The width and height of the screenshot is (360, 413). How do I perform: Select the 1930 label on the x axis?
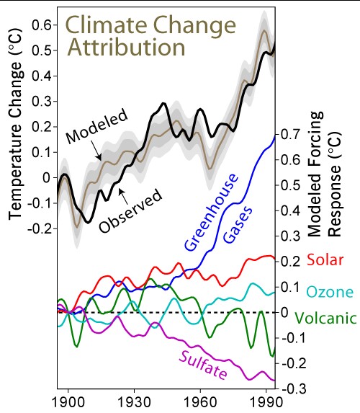click(x=134, y=401)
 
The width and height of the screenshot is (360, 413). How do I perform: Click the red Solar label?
click(x=325, y=259)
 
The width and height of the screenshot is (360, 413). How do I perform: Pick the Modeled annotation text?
click(x=97, y=127)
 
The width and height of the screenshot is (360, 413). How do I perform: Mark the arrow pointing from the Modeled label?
click(x=96, y=150)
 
